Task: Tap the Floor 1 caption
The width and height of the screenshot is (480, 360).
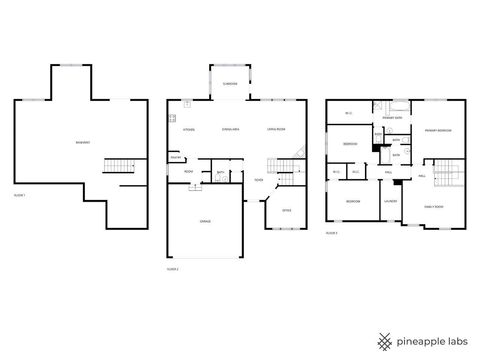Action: coord(18,194)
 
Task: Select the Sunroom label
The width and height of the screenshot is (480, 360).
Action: coord(229,84)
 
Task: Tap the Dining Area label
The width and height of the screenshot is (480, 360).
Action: coord(228,130)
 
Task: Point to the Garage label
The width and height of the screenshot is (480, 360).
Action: coord(205,219)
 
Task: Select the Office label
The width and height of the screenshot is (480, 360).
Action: coord(285,210)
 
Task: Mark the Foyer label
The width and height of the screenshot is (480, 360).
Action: coord(258,180)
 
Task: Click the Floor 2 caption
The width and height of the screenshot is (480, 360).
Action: coord(172,268)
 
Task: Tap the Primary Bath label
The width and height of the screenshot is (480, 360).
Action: coord(392,118)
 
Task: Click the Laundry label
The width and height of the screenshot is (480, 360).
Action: coord(390,201)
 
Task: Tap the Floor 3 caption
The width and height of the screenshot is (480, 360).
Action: coord(331,233)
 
